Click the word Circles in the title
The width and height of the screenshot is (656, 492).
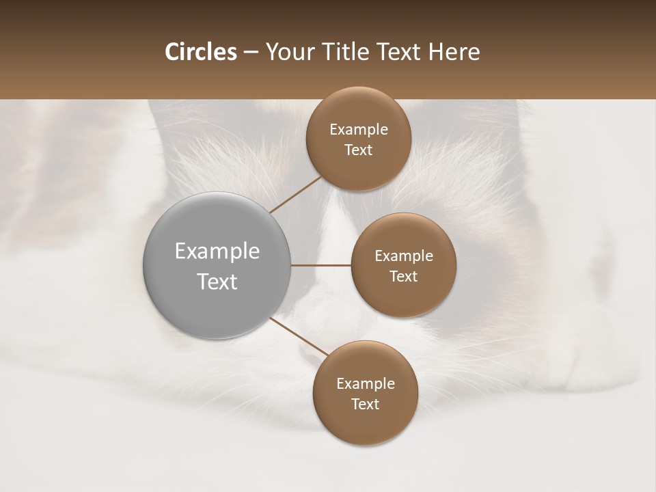pos(200,52)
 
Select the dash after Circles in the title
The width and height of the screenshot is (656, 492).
pos(251,53)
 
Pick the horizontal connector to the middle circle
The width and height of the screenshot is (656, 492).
pos(320,265)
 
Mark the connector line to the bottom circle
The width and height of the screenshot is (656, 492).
pos(299,336)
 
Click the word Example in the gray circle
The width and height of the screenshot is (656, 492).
pos(217,251)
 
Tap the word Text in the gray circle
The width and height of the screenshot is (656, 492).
pos(217,282)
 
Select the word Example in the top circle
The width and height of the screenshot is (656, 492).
pos(359,130)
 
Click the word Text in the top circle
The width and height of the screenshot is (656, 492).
pos(359,150)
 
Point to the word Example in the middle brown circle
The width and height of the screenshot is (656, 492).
pos(404,256)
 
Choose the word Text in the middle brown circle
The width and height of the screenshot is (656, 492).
pos(404,277)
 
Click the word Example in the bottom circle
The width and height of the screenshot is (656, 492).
pos(366,384)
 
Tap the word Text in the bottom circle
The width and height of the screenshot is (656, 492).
pos(366,405)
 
